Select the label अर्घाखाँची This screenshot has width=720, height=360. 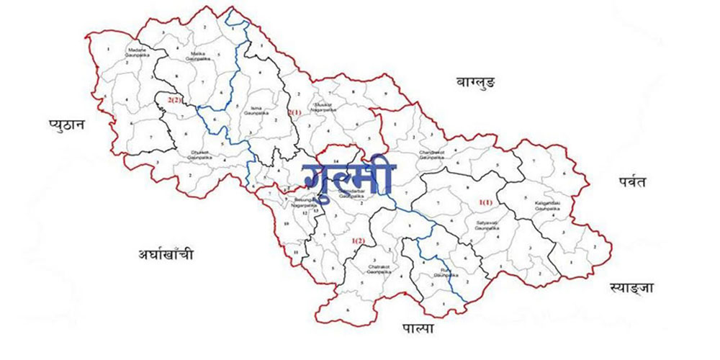click(166, 254)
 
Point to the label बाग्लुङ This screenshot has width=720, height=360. click(475, 83)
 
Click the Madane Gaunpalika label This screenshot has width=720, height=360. click(136, 52)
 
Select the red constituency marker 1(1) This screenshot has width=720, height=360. click(485, 203)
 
